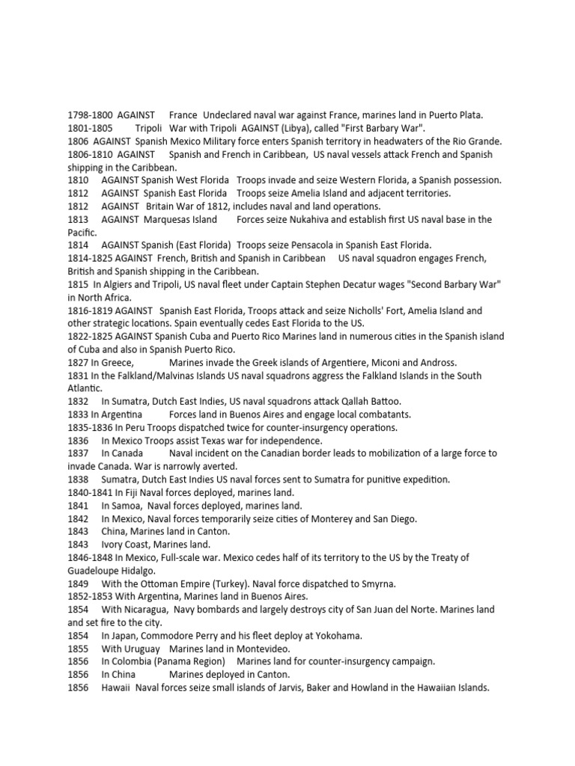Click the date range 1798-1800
[91, 115]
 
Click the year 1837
[79, 453]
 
